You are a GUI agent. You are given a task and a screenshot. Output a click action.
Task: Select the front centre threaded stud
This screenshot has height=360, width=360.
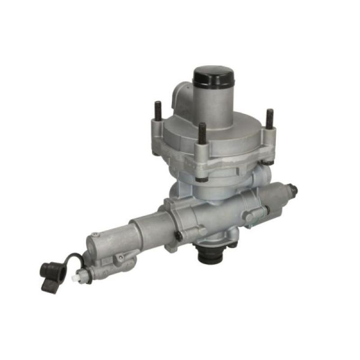(202, 133)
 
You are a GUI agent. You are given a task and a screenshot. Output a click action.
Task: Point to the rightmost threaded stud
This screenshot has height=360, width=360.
(269, 119)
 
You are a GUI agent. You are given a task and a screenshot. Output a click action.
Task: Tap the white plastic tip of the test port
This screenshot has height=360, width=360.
(75, 278)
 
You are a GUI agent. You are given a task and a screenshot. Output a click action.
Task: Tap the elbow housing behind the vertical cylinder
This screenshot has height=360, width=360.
(182, 97)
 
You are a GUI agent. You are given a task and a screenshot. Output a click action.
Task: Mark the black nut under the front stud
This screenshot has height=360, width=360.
(202, 179)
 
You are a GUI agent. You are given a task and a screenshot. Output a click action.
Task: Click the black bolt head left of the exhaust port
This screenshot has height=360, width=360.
(180, 236)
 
